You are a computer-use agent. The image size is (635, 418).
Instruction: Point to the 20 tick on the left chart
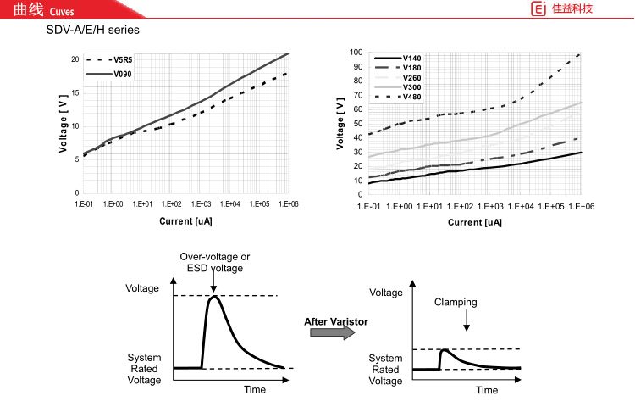click(x=75, y=59)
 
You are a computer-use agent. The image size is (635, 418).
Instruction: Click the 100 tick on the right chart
click(x=358, y=53)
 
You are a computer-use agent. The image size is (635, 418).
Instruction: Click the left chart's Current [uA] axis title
click(x=185, y=221)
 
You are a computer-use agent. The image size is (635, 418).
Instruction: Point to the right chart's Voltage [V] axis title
click(x=340, y=124)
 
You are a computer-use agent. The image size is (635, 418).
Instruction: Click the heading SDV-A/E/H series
click(x=93, y=30)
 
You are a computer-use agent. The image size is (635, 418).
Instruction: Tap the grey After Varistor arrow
click(x=331, y=333)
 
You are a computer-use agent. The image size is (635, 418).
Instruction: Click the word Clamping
click(x=456, y=302)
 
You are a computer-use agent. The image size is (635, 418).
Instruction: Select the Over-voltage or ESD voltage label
click(x=214, y=262)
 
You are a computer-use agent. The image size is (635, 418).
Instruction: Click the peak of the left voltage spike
click(x=214, y=297)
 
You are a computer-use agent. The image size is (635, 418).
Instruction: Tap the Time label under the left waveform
click(x=255, y=390)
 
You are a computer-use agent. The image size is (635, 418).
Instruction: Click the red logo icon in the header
click(x=537, y=9)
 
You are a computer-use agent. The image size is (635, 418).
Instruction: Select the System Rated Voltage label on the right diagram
click(x=385, y=370)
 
